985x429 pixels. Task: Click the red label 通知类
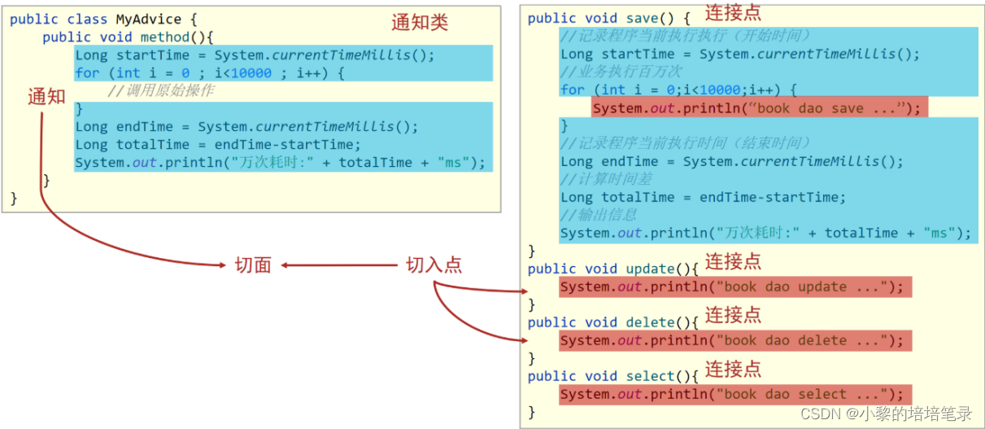click(419, 23)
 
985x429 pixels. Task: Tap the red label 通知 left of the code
click(46, 96)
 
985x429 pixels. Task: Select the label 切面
click(253, 265)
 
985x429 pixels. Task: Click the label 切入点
click(434, 265)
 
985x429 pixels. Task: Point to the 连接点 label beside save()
click(733, 13)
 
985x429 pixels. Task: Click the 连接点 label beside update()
click(733, 261)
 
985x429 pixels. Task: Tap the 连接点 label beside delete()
click(733, 315)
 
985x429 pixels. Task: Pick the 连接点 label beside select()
click(733, 369)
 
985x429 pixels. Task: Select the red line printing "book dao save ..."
click(758, 108)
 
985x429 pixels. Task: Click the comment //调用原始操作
click(161, 90)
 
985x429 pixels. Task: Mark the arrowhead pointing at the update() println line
click(525, 291)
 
